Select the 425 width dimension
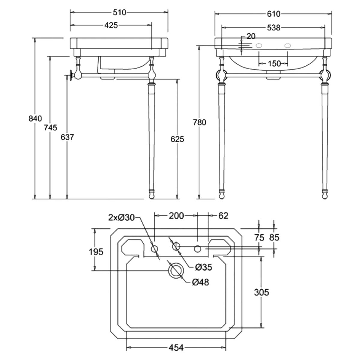(111, 25)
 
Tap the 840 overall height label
(35, 119)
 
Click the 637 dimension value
(67, 137)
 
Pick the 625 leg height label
(177, 139)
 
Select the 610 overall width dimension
(273, 14)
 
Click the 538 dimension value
(273, 28)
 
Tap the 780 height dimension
(199, 122)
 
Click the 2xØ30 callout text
(122, 217)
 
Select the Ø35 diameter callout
(203, 267)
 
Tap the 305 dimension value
(261, 292)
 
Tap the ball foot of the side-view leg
(152, 195)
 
